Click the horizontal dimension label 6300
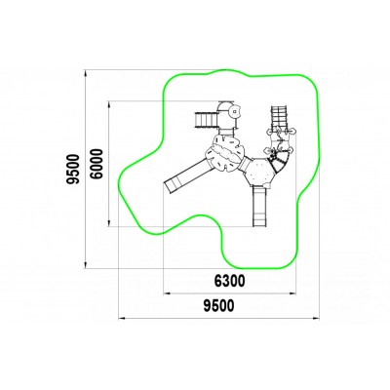229,281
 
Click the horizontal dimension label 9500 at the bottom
218,306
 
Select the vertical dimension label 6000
97,164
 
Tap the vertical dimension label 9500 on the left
73,170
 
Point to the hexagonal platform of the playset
259,172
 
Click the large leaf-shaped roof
224,153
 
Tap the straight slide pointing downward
259,206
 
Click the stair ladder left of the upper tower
206,120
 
